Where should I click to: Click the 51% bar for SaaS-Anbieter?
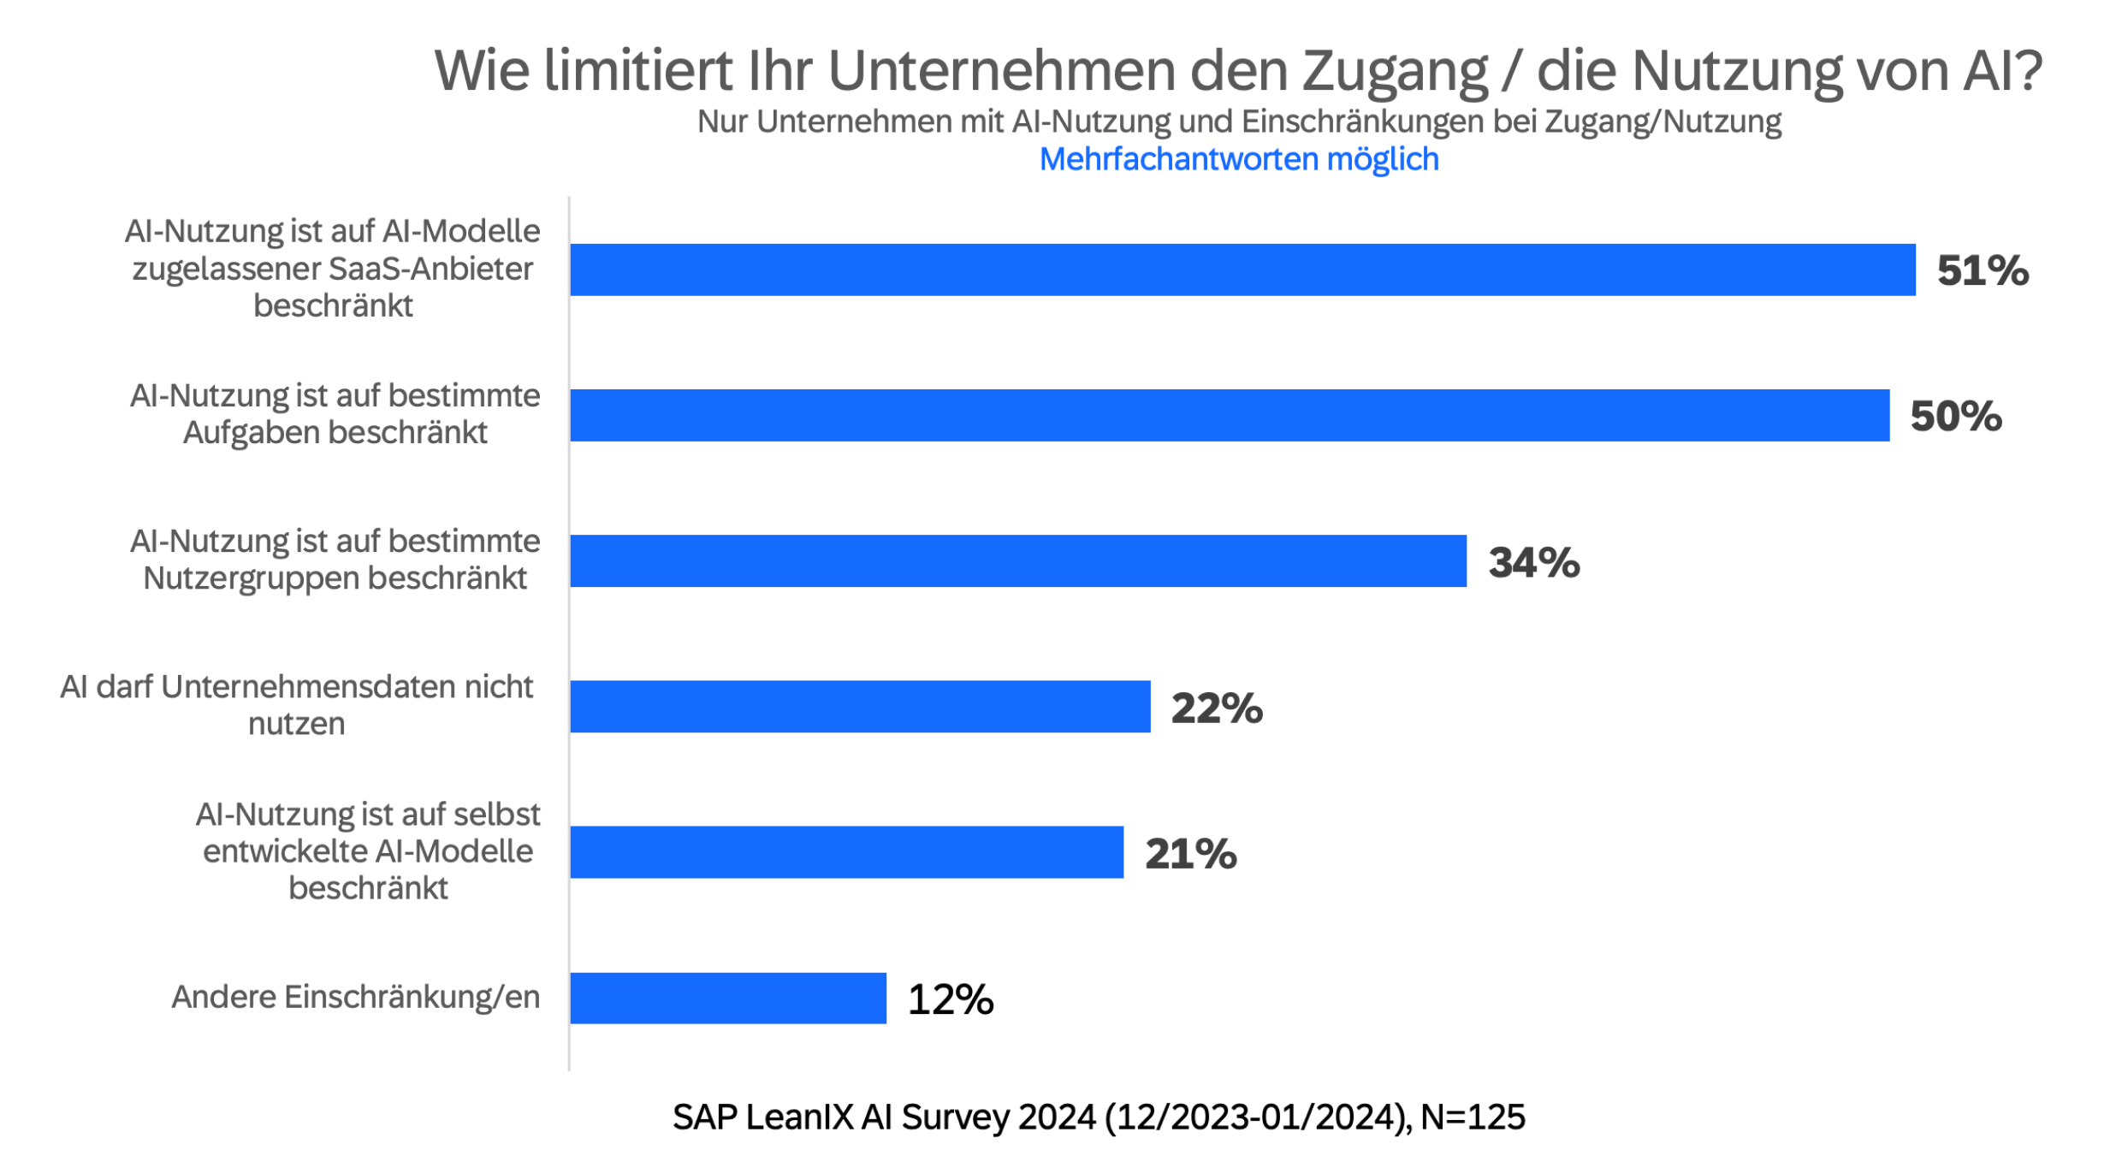pyautogui.click(x=1242, y=270)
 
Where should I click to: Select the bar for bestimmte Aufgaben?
pyautogui.click(x=1230, y=415)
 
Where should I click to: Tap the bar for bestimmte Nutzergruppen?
pyautogui.click(x=1018, y=560)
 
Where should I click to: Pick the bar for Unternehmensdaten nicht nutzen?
pyautogui.click(x=860, y=706)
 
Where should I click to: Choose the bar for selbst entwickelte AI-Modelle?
pyautogui.click(x=846, y=851)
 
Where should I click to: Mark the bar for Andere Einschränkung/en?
pyautogui.click(x=728, y=998)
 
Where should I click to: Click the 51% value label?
pyautogui.click(x=1983, y=271)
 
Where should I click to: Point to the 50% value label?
pyautogui.click(x=1956, y=417)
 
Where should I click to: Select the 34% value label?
pyautogui.click(x=1533, y=563)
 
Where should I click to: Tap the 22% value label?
pyautogui.click(x=1217, y=708)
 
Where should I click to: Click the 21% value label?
pyautogui.click(x=1190, y=854)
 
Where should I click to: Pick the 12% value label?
pyautogui.click(x=951, y=999)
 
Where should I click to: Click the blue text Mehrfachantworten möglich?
pyautogui.click(x=1239, y=159)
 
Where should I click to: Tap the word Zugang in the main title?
pyautogui.click(x=1395, y=72)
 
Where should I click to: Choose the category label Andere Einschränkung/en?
pyautogui.click(x=355, y=997)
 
